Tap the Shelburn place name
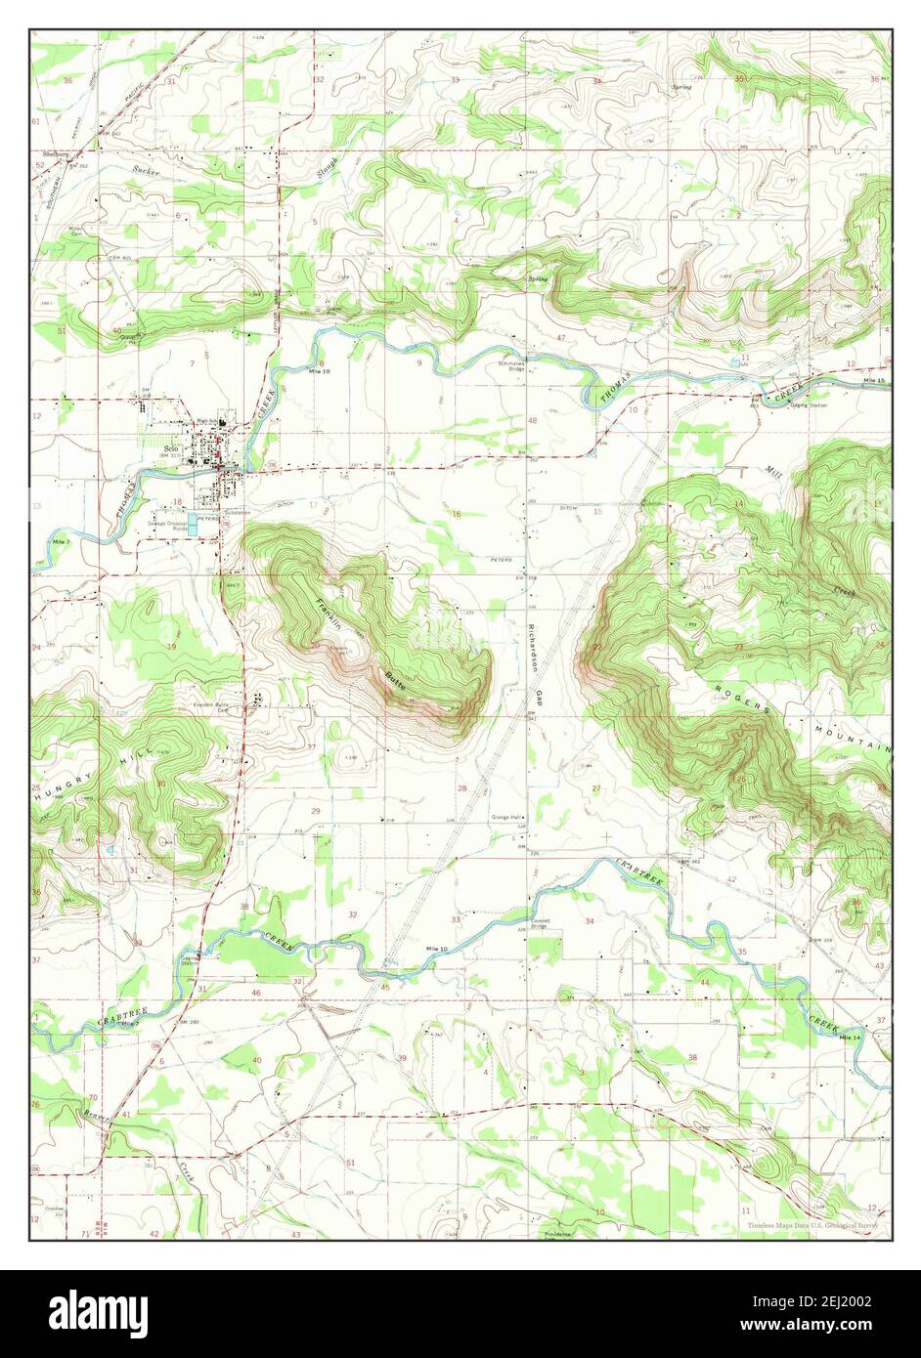coord(56,153)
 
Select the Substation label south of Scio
coord(236,512)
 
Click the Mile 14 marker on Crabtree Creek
coord(852,1037)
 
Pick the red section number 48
coord(533,420)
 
